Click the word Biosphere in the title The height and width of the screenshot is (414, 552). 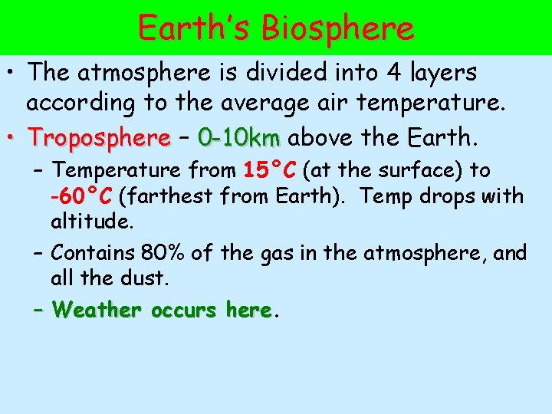[337, 28]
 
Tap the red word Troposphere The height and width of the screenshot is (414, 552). [99, 138]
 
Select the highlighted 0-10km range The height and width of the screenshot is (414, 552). [238, 138]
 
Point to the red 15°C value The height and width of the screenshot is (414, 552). [271, 169]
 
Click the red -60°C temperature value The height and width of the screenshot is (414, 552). [81, 196]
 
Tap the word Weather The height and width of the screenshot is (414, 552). [97, 310]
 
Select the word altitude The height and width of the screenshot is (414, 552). [92, 222]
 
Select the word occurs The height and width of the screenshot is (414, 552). [184, 310]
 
